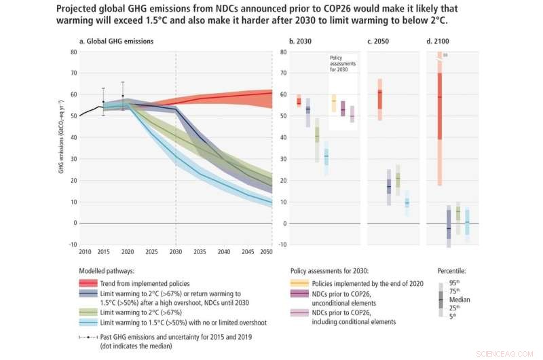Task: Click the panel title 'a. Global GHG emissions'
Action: coord(117,41)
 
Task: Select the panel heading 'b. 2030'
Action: coord(301,41)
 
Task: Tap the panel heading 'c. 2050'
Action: coord(378,41)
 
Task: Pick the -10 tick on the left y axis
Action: coord(73,245)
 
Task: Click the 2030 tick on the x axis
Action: coord(176,252)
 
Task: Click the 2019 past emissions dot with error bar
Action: coord(122,96)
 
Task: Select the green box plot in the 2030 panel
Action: coord(316,138)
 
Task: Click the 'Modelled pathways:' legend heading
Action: coord(108,270)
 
